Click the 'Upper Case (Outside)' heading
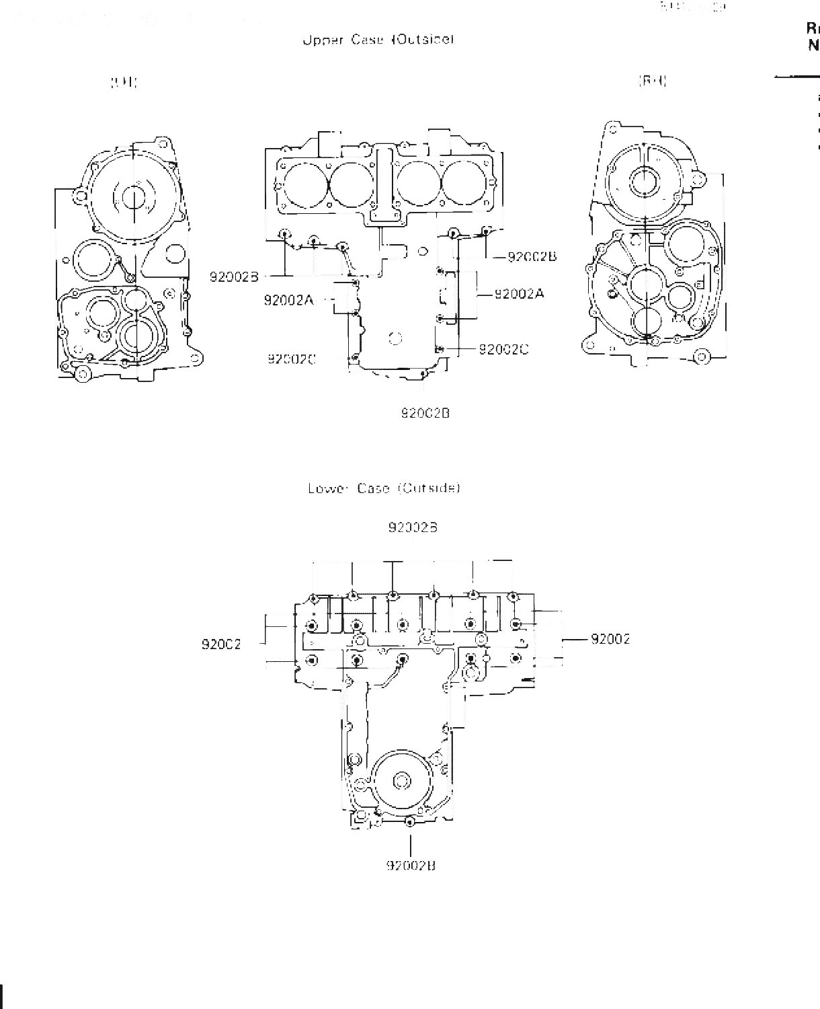378,40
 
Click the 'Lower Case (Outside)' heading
384,488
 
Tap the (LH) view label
124,83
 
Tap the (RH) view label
652,82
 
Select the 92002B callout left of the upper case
234,277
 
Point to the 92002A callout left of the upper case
288,301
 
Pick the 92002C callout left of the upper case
292,359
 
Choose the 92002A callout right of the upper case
519,294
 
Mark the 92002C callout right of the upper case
503,349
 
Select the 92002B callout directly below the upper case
425,414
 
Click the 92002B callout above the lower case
413,528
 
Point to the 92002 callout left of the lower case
221,644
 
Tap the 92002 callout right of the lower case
610,639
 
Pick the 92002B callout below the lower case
411,866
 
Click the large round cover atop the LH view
134,195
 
